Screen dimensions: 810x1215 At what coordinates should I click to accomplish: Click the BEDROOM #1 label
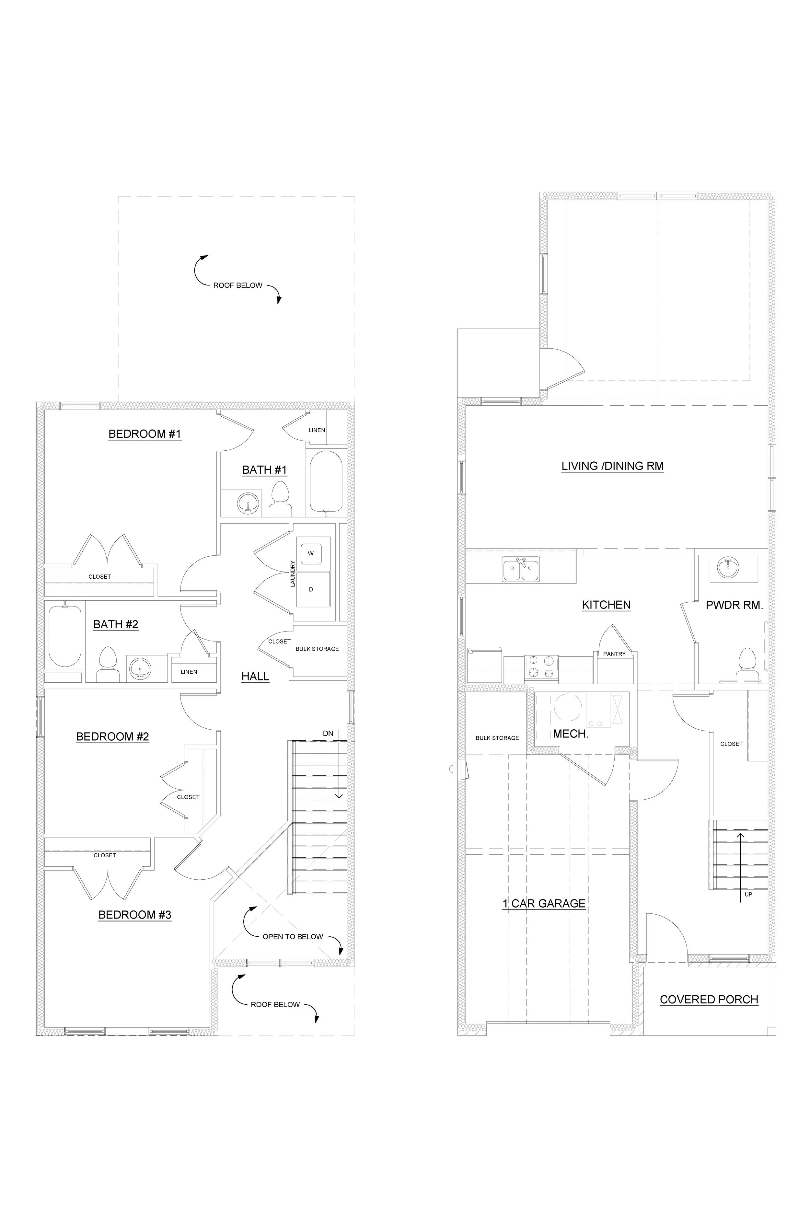[x=145, y=434]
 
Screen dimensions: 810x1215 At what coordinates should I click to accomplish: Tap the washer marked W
[x=310, y=553]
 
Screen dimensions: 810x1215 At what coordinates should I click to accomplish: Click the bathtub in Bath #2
[x=65, y=636]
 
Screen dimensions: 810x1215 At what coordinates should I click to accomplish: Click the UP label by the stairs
[x=748, y=894]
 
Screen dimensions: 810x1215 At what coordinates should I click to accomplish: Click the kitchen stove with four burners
[x=541, y=666]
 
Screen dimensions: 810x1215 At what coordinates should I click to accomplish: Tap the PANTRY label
[x=614, y=654]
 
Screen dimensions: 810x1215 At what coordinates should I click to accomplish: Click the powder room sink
[x=728, y=567]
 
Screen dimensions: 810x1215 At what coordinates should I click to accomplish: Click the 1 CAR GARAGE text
[x=544, y=904]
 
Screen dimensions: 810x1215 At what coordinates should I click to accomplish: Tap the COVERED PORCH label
[x=709, y=1000]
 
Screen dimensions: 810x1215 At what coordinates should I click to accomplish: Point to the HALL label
[x=255, y=676]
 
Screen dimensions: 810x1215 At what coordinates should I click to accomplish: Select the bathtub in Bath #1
[x=326, y=481]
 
